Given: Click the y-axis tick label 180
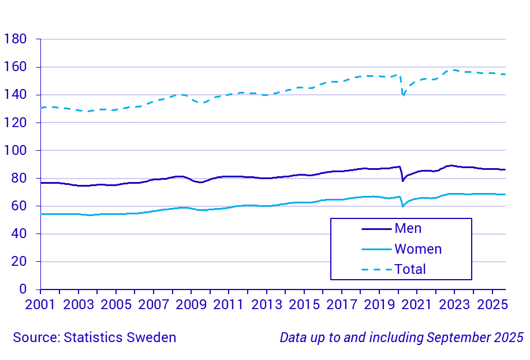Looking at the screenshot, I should click(x=15, y=39).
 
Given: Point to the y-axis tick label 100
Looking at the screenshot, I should click(x=15, y=150).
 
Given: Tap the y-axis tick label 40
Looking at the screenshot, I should click(x=19, y=233).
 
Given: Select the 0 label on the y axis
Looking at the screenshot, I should click(x=23, y=289).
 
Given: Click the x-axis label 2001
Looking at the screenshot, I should click(x=41, y=305).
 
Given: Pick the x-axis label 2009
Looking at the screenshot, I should click(x=191, y=305).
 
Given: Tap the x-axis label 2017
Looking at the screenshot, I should click(x=342, y=305).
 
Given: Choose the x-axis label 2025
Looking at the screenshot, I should click(x=492, y=305).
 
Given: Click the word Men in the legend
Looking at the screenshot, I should click(x=408, y=228).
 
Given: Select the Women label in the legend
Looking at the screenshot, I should click(x=418, y=249).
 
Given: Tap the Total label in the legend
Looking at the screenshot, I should click(x=410, y=269).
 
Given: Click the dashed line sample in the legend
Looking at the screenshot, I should click(x=376, y=269).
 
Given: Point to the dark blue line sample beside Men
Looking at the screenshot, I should click(x=376, y=229).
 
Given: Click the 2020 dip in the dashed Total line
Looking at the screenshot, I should click(x=403, y=95).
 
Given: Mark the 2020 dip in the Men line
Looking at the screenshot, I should click(x=403, y=180).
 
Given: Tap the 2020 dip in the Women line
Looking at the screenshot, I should click(x=403, y=206).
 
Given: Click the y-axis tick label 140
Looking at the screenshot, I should click(x=15, y=95).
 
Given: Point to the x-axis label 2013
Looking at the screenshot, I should click(x=266, y=305).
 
